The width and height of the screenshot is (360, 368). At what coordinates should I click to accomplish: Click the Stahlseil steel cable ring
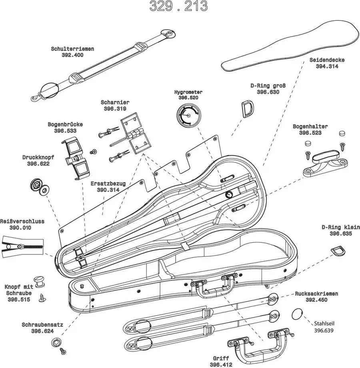tap(297, 314)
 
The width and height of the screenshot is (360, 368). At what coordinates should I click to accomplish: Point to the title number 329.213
tap(178, 6)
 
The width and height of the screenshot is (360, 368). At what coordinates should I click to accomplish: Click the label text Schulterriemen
tap(72, 49)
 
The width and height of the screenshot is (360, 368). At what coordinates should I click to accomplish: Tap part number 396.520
tap(188, 98)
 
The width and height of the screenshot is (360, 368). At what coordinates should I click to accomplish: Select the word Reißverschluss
tap(22, 221)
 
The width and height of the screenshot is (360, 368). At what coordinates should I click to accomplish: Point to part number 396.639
tap(324, 330)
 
